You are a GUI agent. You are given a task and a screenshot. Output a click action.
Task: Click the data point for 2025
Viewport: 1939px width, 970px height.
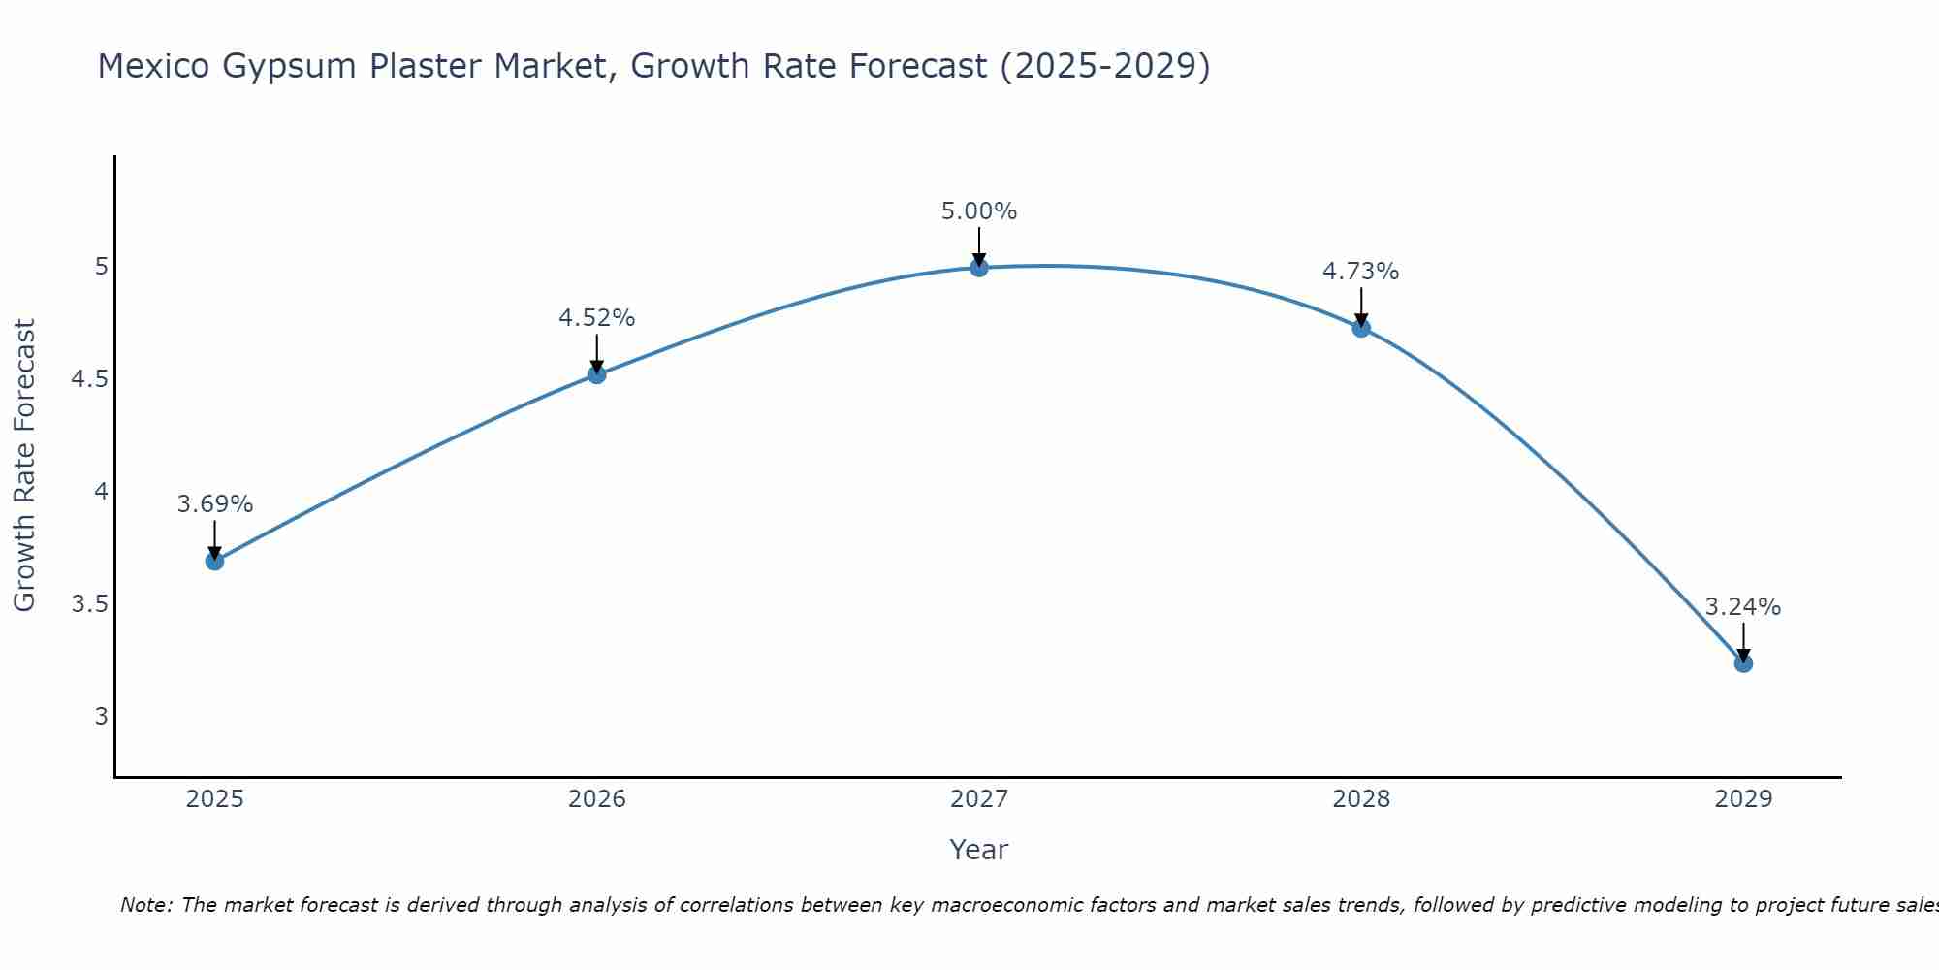tap(215, 561)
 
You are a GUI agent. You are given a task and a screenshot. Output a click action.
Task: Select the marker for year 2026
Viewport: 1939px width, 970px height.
tap(597, 374)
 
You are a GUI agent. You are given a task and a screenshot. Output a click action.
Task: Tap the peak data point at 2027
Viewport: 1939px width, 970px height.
tap(979, 267)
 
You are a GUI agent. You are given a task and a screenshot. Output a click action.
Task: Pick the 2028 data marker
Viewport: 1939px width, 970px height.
tap(1361, 328)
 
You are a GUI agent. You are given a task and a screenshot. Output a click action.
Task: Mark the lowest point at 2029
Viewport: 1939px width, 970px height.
tap(1743, 663)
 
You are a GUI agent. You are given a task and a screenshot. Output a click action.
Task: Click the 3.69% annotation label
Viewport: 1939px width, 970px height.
tap(215, 504)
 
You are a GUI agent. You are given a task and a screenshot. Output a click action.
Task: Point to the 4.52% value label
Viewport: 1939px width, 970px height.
tap(597, 318)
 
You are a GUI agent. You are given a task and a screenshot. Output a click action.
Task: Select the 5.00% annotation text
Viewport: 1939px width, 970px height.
tap(979, 211)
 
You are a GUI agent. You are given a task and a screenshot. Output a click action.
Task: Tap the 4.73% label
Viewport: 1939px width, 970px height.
tap(1361, 272)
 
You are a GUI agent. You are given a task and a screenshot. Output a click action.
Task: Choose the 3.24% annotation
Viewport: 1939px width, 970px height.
tap(1743, 607)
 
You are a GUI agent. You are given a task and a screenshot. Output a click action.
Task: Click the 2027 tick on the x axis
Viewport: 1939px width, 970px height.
tap(979, 799)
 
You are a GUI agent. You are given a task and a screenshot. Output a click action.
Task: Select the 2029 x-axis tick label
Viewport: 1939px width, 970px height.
tap(1743, 799)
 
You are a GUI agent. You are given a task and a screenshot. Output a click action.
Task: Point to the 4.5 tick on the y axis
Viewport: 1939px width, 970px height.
tap(89, 379)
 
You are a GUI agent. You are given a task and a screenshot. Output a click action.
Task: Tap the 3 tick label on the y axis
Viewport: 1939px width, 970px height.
tap(101, 717)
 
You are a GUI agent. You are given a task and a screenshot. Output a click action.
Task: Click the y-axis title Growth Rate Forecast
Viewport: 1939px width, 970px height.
tap(24, 466)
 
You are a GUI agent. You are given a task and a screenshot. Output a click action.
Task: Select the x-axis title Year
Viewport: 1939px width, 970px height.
tap(979, 850)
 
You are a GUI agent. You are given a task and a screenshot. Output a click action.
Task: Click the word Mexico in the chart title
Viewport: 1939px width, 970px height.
tap(154, 66)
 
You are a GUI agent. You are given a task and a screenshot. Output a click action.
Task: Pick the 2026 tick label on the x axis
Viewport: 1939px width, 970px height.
tap(597, 799)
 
